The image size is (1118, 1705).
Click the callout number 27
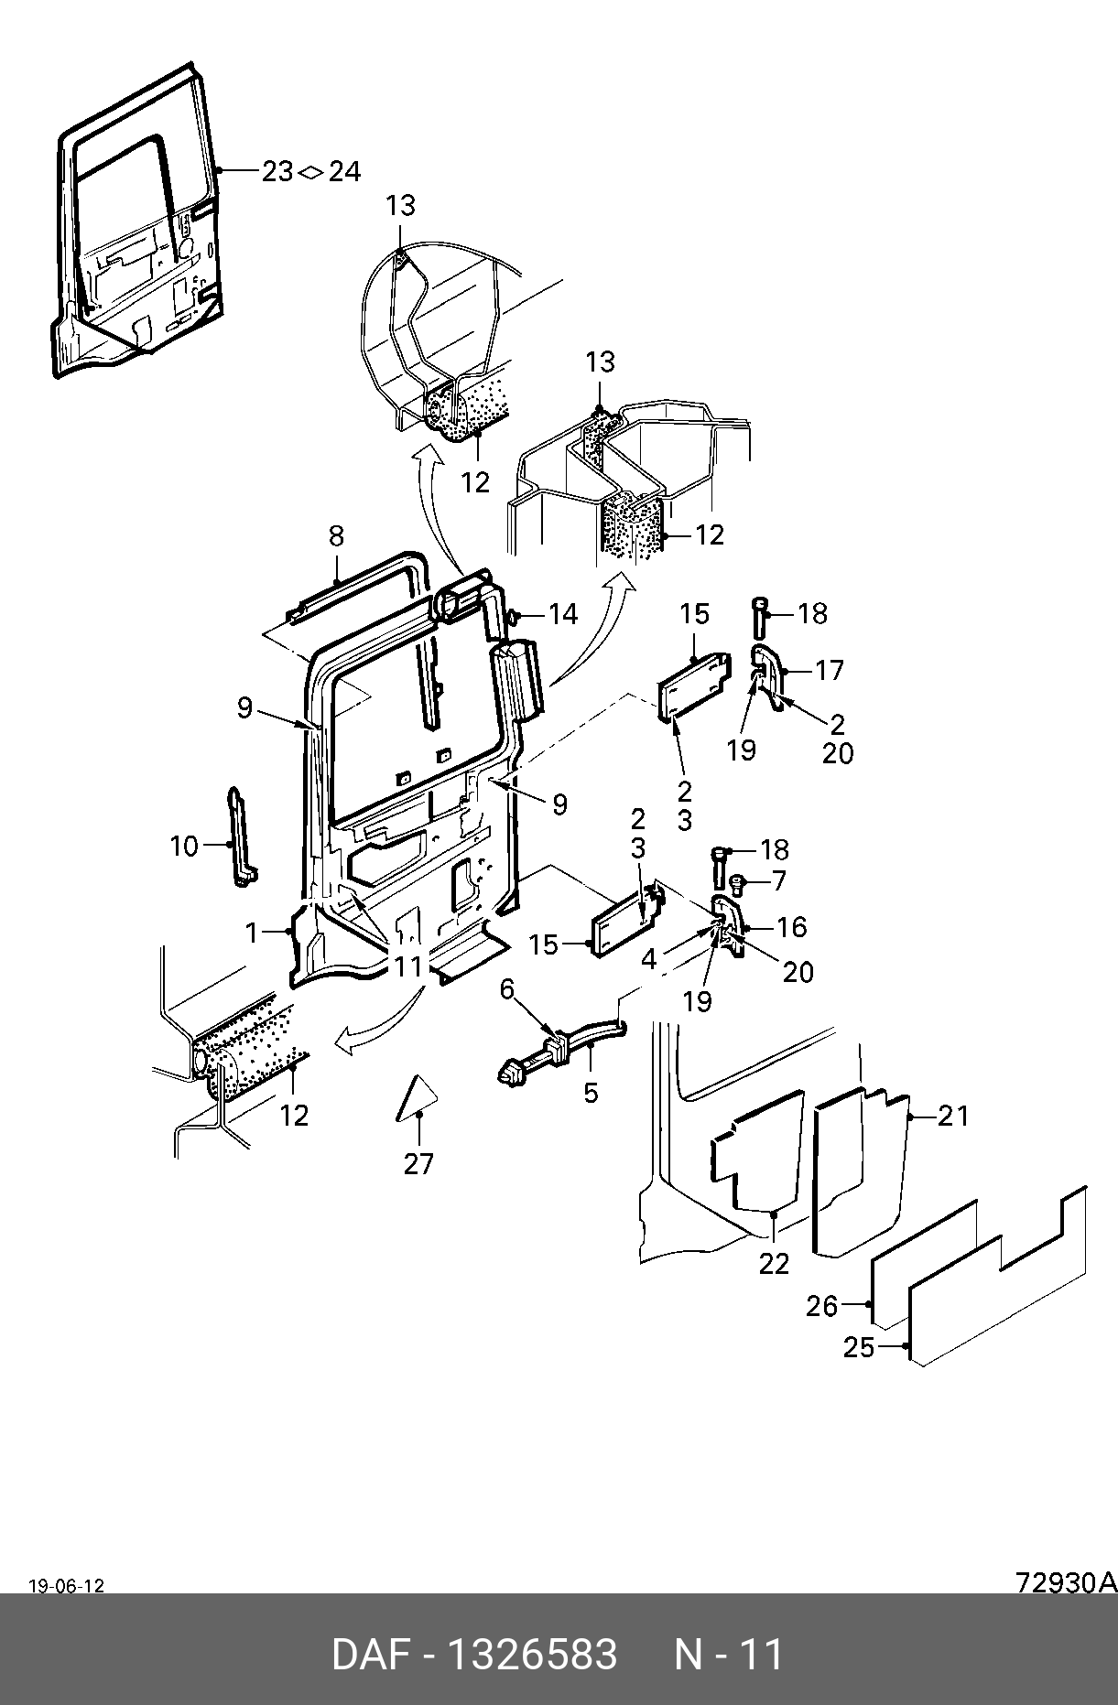click(418, 1163)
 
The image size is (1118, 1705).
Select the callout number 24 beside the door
click(344, 171)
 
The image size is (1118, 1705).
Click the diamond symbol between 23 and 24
click(310, 171)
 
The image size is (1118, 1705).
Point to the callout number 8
click(336, 535)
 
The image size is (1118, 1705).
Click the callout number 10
click(184, 846)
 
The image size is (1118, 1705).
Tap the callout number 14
click(563, 613)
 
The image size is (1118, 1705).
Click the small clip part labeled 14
click(513, 615)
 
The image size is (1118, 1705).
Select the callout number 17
click(829, 670)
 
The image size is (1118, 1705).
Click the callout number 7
click(779, 880)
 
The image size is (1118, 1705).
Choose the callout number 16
click(792, 927)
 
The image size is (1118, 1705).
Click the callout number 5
click(592, 1092)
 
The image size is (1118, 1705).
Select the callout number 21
click(953, 1115)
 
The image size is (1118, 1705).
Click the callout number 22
click(774, 1263)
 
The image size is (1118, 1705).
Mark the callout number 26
click(821, 1306)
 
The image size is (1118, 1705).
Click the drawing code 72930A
click(1066, 1581)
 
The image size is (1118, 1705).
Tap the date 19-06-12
click(66, 1586)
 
